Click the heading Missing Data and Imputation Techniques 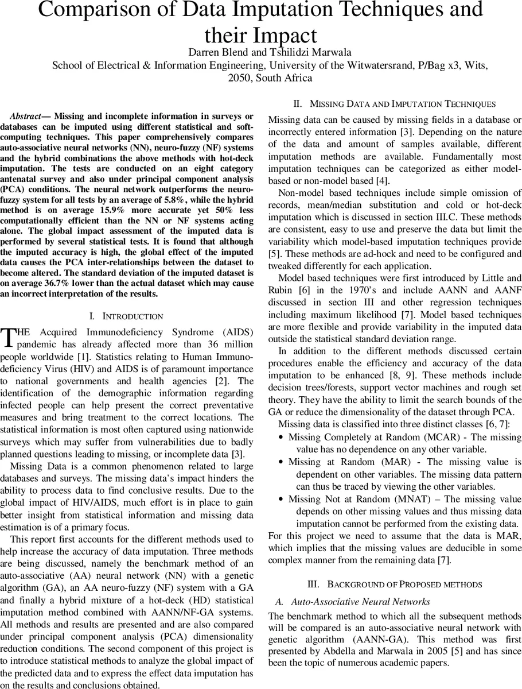(x=395, y=104)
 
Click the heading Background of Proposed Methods (x=395, y=585)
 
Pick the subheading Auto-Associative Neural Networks (x=360, y=602)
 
